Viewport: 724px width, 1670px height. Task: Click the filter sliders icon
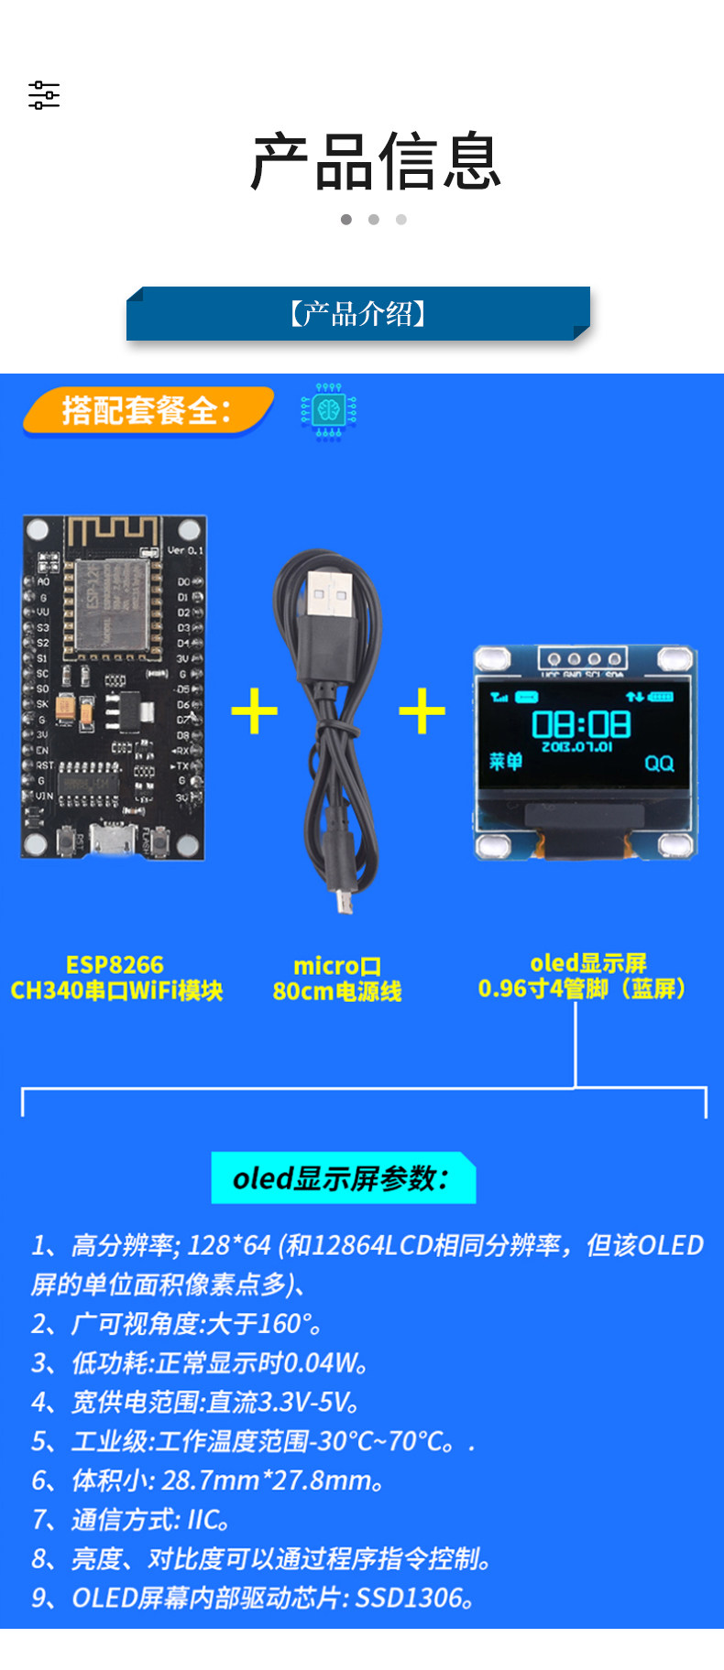tap(44, 95)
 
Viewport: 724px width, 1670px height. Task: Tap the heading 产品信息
tap(376, 162)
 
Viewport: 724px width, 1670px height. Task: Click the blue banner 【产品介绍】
tap(358, 314)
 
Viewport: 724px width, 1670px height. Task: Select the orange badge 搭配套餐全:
tap(147, 410)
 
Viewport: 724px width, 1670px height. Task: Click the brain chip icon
tap(328, 411)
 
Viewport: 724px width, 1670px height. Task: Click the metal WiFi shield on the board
tap(112, 603)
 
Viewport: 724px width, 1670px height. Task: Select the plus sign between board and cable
tap(255, 711)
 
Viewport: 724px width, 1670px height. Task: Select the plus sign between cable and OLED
tap(422, 711)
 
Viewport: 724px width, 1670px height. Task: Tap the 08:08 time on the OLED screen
tap(581, 724)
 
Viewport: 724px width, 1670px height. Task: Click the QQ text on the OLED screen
tap(659, 763)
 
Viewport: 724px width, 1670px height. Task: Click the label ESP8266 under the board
tap(115, 965)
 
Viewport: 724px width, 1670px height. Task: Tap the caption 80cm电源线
tap(337, 992)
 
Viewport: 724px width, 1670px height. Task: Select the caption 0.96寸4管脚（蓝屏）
tap(582, 989)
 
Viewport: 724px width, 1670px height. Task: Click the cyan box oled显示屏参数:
tap(343, 1178)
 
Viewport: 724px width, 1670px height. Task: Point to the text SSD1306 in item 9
tap(408, 1598)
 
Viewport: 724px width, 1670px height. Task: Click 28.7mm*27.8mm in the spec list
tap(266, 1480)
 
